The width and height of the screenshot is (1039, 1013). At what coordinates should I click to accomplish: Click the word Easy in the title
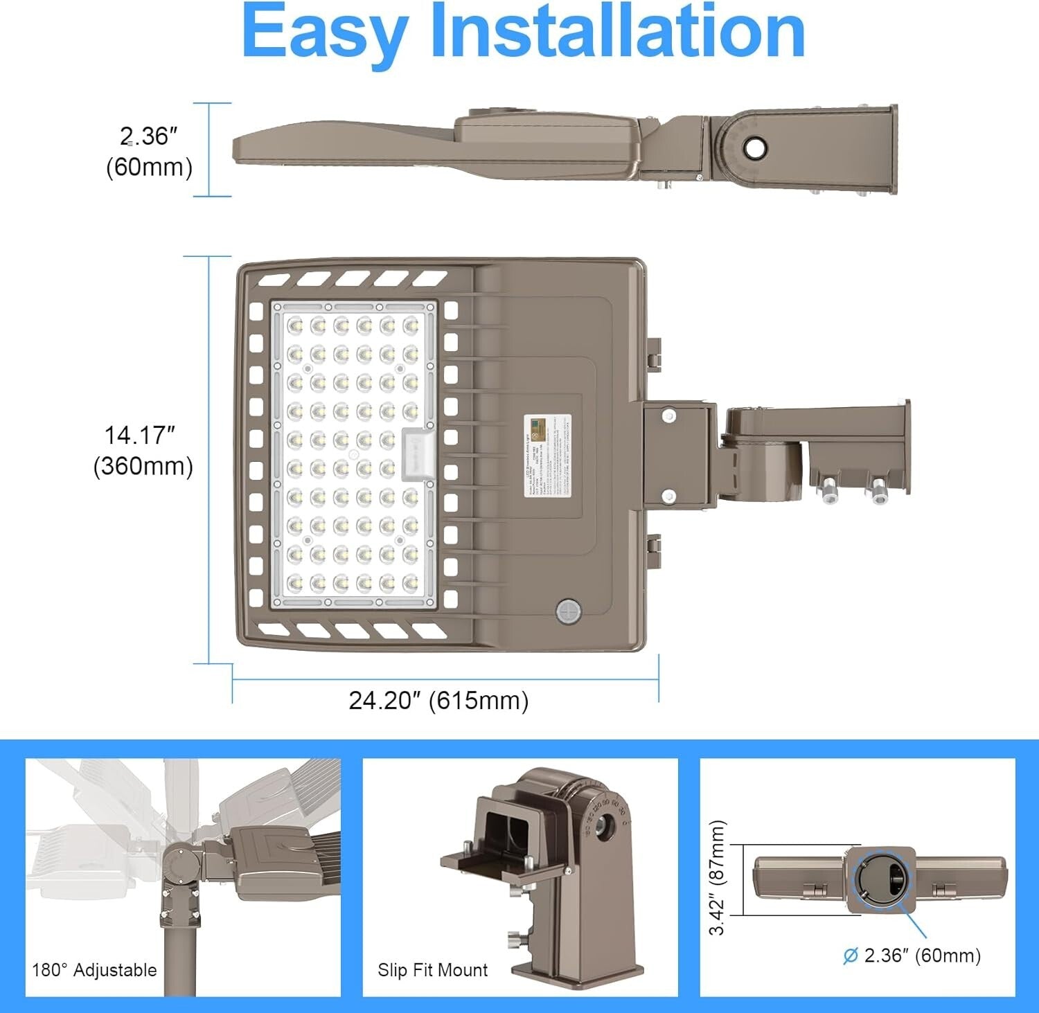click(x=323, y=33)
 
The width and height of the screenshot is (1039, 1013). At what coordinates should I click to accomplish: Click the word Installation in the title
click(x=618, y=32)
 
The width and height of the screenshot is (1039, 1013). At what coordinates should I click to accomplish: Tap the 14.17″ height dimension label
click(x=140, y=436)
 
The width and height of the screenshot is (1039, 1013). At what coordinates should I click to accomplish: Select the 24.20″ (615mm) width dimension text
click(x=438, y=701)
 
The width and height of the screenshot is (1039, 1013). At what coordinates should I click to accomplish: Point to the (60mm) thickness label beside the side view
click(x=149, y=168)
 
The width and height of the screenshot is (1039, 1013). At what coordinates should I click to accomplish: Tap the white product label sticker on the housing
click(x=547, y=455)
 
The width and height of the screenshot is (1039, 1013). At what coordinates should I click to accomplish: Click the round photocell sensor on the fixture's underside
click(x=567, y=612)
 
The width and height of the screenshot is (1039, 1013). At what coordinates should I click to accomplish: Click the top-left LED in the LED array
click(x=294, y=324)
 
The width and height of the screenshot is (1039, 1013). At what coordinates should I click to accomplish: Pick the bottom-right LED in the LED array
click(x=411, y=583)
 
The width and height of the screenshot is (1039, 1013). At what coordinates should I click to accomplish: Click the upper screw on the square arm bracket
click(x=668, y=415)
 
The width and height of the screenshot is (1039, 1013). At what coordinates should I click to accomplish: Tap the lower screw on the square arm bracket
click(x=668, y=496)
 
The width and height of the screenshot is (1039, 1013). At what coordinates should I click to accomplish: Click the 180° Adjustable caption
click(x=94, y=970)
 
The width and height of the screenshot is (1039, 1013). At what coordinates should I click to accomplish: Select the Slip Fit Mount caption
click(x=432, y=970)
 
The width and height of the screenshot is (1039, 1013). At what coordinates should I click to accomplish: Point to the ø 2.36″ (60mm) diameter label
click(x=912, y=956)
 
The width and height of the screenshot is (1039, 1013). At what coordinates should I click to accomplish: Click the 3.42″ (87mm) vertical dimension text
click(x=718, y=878)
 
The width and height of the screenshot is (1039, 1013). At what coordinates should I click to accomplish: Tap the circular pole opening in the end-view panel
click(x=879, y=879)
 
